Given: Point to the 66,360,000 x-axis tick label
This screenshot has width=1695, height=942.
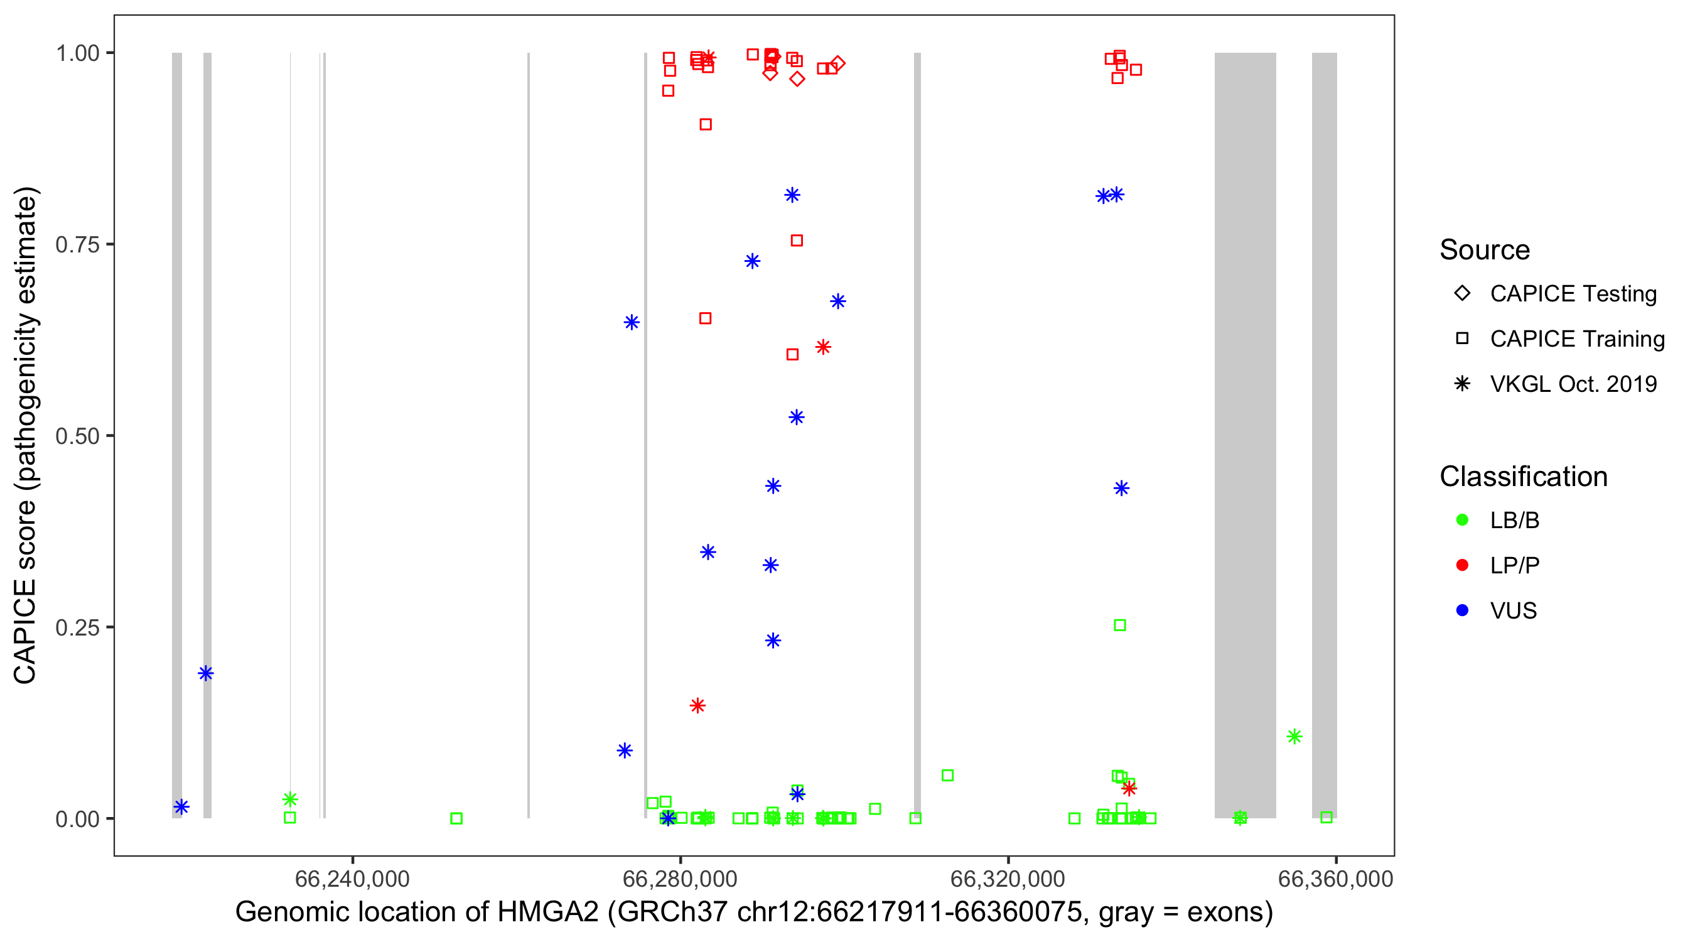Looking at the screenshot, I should tap(1335, 879).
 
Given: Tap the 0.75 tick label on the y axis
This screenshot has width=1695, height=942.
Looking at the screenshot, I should tap(77, 245).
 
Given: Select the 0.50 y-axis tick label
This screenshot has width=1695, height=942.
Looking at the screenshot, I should tap(77, 436).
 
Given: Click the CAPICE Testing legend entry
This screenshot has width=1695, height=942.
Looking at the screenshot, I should tap(1573, 294).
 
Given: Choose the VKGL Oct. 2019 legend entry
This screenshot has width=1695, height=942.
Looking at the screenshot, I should tap(1573, 384).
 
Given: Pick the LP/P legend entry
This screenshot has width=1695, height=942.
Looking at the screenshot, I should tap(1514, 565).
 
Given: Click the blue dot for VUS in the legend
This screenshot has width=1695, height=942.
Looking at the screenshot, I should tap(1462, 610).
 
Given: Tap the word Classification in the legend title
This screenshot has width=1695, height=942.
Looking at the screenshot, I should tap(1523, 477).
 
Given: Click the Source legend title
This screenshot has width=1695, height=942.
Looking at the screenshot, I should tap(1485, 250).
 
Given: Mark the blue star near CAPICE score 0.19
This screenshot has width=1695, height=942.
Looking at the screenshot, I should tap(206, 673).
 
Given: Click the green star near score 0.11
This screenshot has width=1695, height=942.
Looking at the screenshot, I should tap(1294, 737).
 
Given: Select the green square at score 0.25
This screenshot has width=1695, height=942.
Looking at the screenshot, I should tap(1120, 625).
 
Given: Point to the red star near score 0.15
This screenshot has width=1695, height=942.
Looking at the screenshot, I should tap(697, 706).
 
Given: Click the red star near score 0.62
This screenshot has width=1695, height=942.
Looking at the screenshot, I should tap(823, 347).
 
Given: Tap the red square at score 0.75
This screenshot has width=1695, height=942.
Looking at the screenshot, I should tap(797, 241).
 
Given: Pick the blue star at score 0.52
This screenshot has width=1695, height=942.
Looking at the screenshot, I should tap(796, 418).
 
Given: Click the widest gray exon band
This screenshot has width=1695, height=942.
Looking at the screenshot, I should tap(1245, 435).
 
